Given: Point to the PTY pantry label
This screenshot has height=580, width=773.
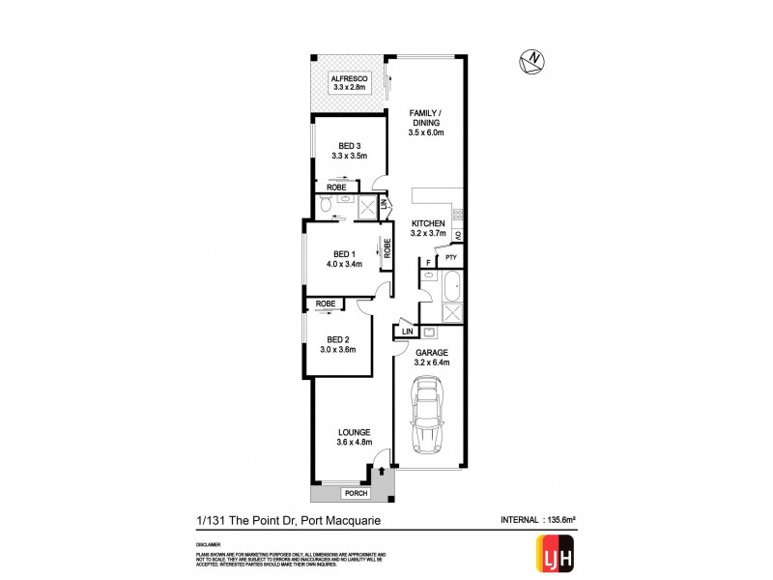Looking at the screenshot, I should [x=450, y=257].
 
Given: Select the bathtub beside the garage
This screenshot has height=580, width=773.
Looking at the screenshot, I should [x=450, y=288].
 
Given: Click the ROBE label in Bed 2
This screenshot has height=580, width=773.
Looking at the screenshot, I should [x=326, y=304].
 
